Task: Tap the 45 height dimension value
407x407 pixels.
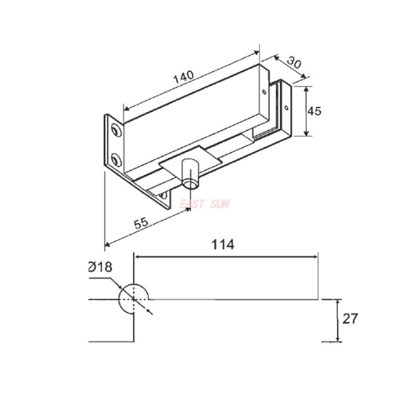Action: (x=315, y=111)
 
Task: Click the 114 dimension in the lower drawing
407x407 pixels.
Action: (x=222, y=245)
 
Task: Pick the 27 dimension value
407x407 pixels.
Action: (x=350, y=319)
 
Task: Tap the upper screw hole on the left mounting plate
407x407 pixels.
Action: (x=117, y=131)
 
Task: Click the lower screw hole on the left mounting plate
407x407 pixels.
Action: (x=117, y=162)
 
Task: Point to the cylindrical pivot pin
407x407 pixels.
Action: (x=191, y=173)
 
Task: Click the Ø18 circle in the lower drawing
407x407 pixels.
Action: (x=133, y=299)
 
